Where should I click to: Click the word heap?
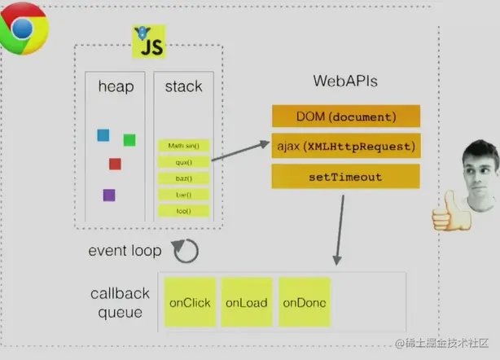(x=115, y=87)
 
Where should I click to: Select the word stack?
(x=183, y=87)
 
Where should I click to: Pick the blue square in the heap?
(x=103, y=135)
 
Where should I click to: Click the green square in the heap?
(x=129, y=140)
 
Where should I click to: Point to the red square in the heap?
(x=115, y=164)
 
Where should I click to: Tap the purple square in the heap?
(x=108, y=195)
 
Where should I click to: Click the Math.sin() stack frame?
(x=183, y=146)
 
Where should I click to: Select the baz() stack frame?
(x=183, y=178)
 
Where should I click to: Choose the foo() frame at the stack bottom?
(x=183, y=211)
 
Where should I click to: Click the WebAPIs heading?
(x=345, y=81)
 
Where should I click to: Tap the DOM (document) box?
(x=345, y=116)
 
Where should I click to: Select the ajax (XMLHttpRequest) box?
(x=345, y=147)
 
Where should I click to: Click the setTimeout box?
(x=345, y=176)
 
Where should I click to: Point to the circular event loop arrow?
(x=186, y=251)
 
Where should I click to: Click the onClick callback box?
(x=190, y=303)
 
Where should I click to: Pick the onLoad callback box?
(x=247, y=303)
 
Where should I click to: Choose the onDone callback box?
(x=305, y=303)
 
